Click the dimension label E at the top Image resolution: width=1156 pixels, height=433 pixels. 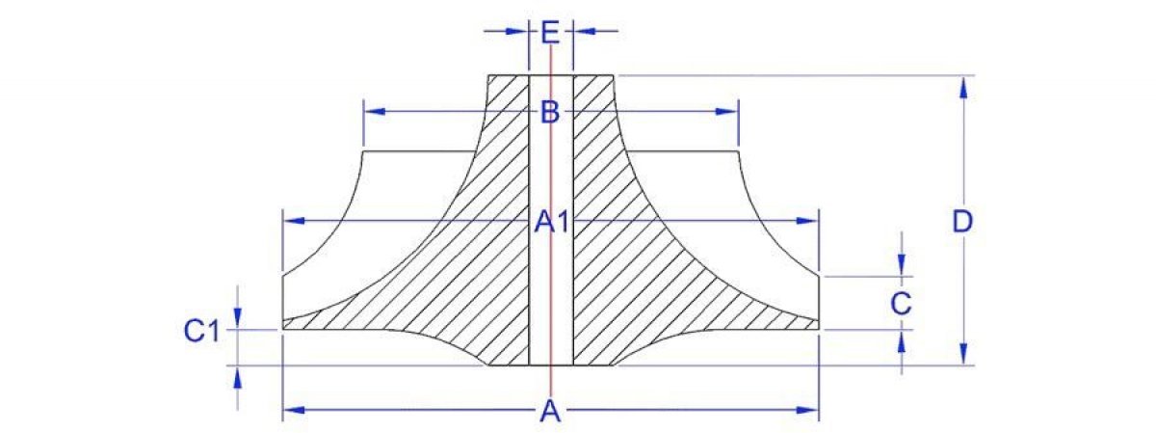[x=550, y=32]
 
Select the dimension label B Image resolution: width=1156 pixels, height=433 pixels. [x=550, y=112]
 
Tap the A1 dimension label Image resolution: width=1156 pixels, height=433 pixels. [x=552, y=222]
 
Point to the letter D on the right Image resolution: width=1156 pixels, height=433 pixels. [x=962, y=222]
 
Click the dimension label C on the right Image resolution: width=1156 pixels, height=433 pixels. [x=901, y=304]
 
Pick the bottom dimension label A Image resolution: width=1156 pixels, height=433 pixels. [x=550, y=412]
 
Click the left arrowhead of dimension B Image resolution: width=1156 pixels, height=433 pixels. [x=374, y=112]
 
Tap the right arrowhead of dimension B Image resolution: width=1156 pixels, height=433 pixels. [x=727, y=112]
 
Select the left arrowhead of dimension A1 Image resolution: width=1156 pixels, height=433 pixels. [x=294, y=221]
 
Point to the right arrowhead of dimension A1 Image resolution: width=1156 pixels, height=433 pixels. [x=807, y=221]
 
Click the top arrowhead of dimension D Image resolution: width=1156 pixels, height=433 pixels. [x=963, y=89]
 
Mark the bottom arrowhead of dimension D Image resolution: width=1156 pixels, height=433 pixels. [x=963, y=354]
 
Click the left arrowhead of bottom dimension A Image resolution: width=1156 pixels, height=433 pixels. [x=294, y=410]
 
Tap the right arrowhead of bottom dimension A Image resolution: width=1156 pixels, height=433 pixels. [x=807, y=410]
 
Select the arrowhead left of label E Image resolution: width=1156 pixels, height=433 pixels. [x=516, y=31]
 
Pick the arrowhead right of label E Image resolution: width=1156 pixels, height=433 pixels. [x=586, y=31]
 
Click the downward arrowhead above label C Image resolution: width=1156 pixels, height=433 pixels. [x=902, y=265]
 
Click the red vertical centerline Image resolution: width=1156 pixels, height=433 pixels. [x=551, y=217]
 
